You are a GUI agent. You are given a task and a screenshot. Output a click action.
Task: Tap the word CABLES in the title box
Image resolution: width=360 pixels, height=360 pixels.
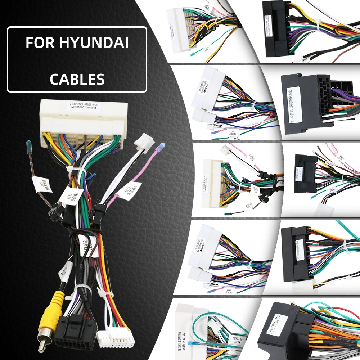(77, 79)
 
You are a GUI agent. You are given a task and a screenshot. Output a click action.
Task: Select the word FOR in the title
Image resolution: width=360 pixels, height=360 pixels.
(39, 43)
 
